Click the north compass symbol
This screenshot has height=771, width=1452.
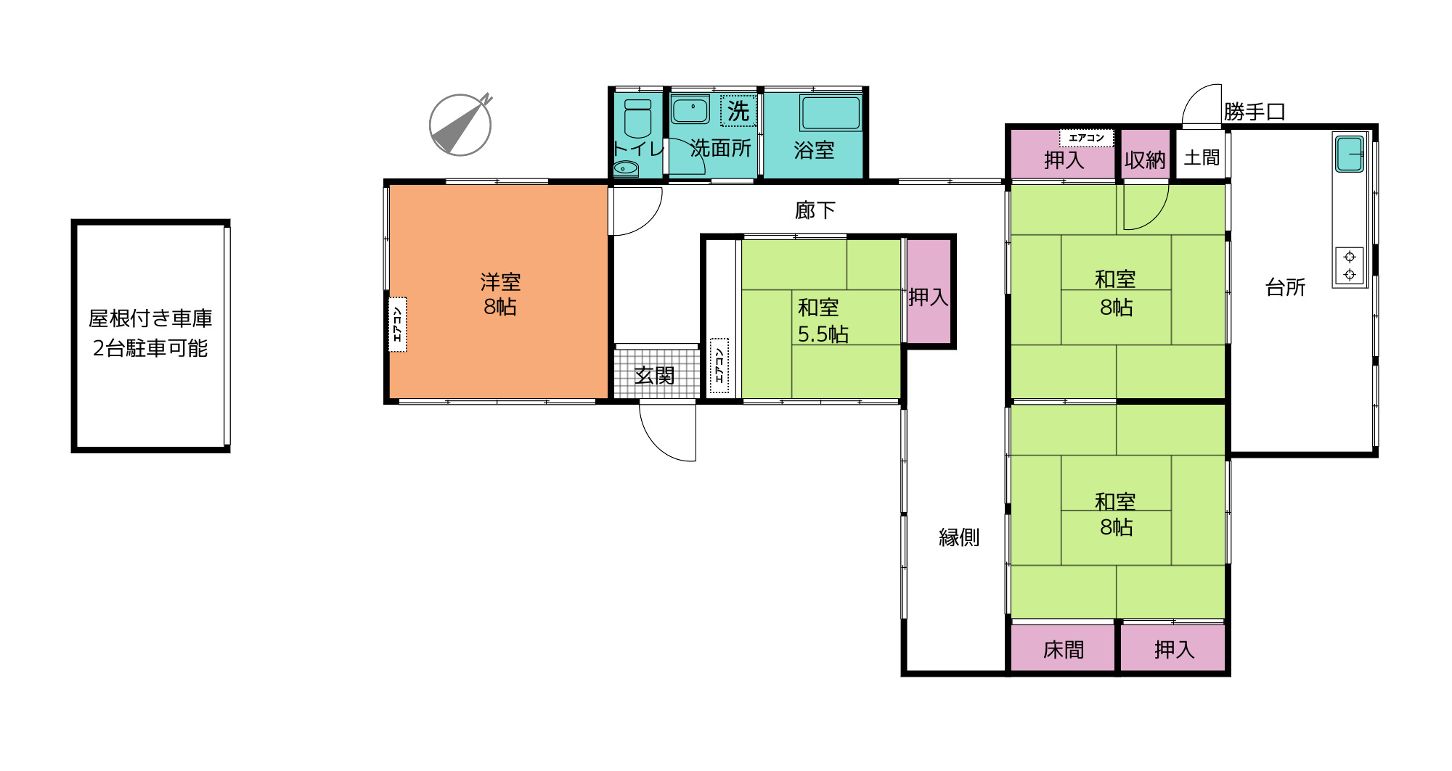tap(460, 125)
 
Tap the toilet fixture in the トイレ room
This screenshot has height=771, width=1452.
tap(637, 119)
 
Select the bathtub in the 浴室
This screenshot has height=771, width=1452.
tap(831, 113)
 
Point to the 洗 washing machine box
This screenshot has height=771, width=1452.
tap(738, 111)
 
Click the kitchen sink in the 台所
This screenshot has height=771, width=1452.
tap(1350, 154)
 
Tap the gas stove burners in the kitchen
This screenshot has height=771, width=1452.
tap(1350, 265)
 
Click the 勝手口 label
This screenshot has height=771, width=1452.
tap(1255, 112)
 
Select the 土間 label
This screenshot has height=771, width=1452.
tap(1202, 157)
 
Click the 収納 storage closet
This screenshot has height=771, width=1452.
tap(1145, 159)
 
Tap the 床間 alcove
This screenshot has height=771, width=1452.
tap(1063, 649)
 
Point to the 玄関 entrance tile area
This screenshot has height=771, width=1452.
tap(655, 375)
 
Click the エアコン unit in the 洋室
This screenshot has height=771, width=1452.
tap(398, 324)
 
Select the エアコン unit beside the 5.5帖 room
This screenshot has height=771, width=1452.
tap(719, 365)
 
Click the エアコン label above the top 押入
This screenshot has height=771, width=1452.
tap(1086, 138)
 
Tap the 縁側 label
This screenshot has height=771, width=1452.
tap(959, 537)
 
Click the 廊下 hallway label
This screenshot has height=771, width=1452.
tap(815, 210)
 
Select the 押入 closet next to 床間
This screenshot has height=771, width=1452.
tap(1174, 649)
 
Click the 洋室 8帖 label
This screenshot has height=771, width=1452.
tap(500, 294)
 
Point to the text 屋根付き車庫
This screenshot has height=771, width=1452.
tap(150, 318)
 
